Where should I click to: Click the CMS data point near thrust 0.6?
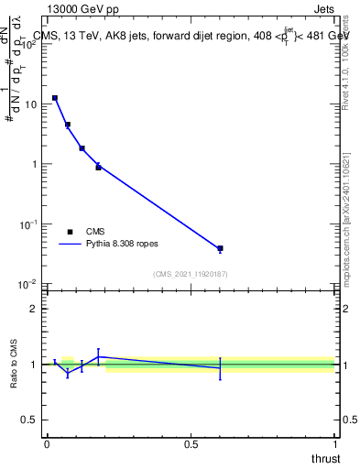pos(220,248)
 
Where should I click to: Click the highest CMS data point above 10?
pos(55,98)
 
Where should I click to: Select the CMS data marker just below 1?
pos(98,167)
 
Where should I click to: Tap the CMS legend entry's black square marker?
pos(70,232)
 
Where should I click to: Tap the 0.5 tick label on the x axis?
pos(191,443)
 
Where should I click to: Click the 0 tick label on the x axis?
pos(47,443)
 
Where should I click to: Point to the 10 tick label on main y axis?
pos(31,104)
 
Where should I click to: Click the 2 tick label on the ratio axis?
pos(37,309)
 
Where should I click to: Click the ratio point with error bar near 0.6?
pos(220,367)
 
